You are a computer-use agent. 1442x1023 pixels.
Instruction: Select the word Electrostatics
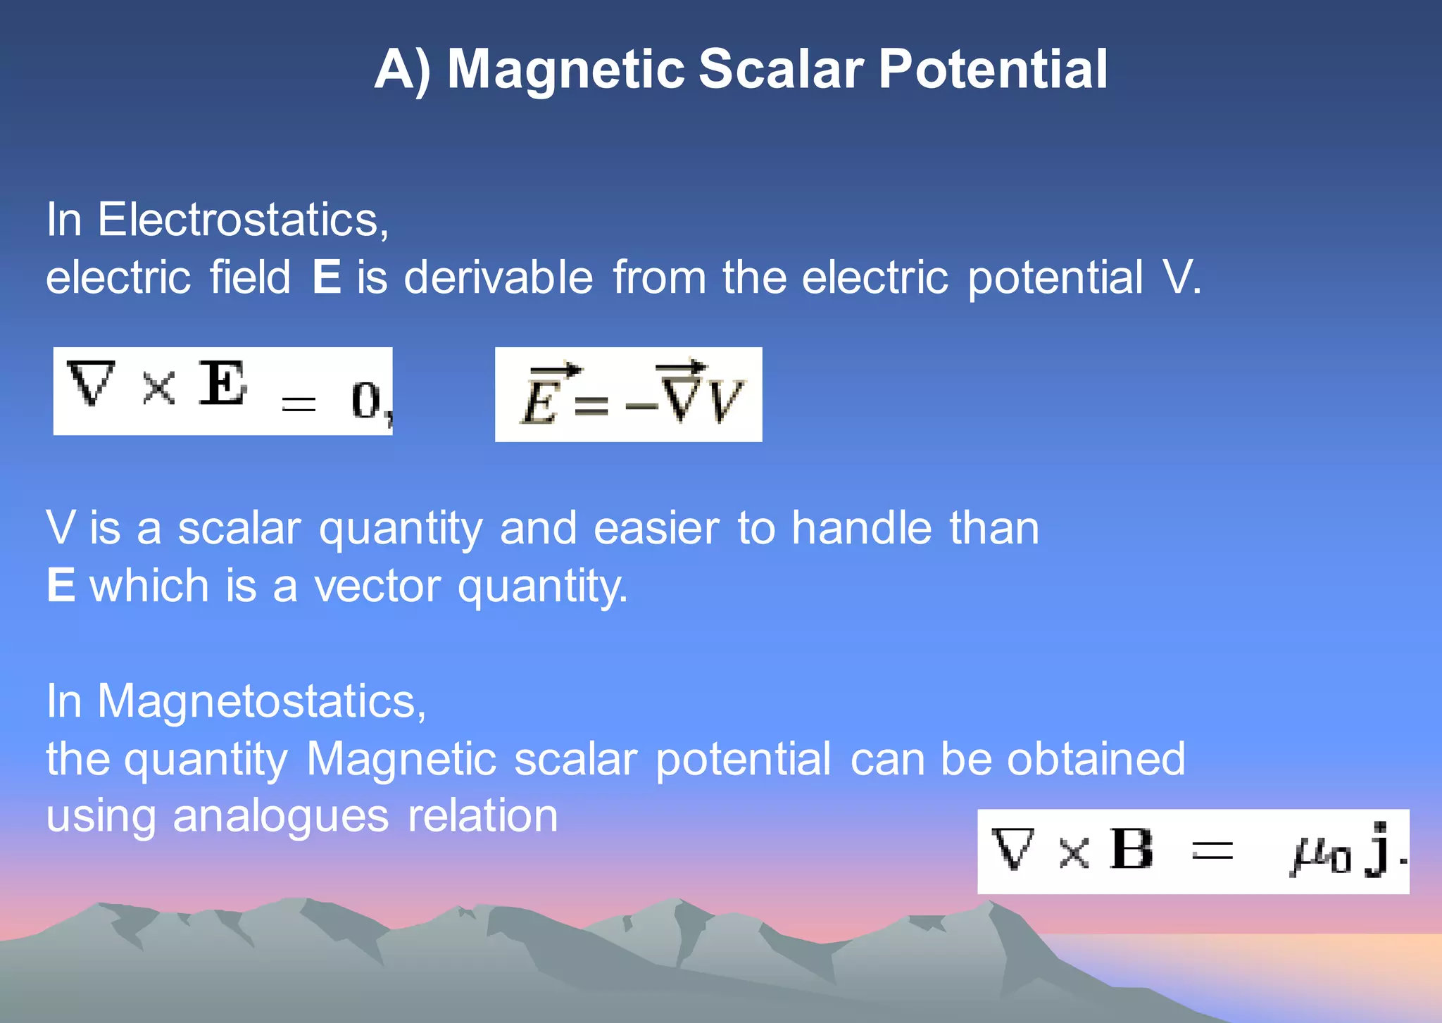(242, 220)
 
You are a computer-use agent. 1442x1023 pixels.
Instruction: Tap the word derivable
(499, 277)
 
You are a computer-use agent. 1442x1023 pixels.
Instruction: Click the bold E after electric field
(327, 277)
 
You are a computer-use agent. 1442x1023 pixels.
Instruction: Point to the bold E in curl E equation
(222, 384)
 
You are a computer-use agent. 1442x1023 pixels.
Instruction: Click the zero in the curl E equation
(365, 401)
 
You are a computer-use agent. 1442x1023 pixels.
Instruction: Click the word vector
(377, 586)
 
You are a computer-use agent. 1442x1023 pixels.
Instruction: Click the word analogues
(280, 817)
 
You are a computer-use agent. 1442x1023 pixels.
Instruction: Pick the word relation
(483, 817)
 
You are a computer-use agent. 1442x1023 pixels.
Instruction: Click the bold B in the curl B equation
(1131, 849)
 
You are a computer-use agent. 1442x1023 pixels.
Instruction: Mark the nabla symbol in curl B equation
(1012, 849)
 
